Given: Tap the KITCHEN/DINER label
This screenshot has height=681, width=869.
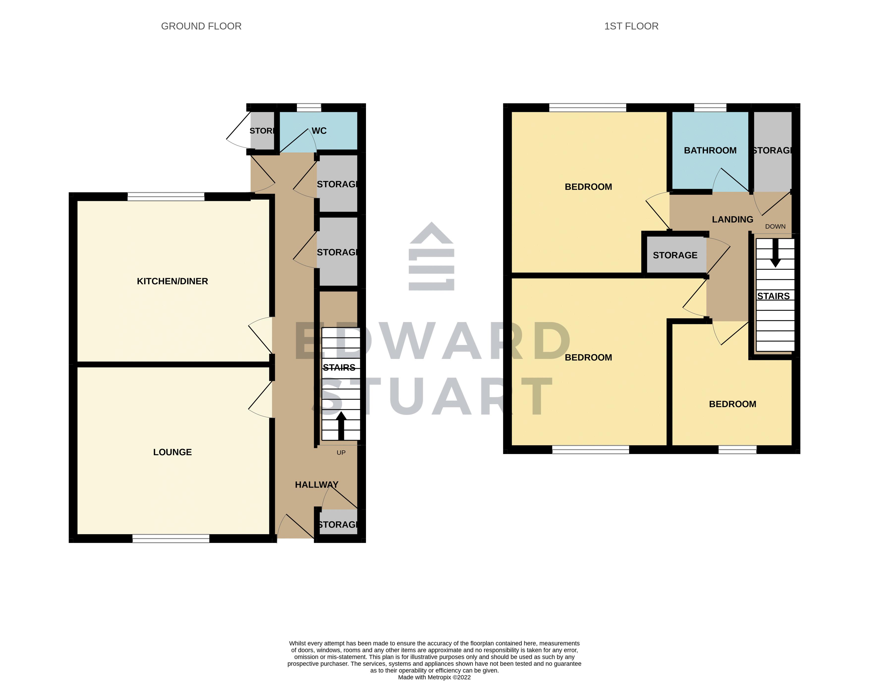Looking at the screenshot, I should point(172,281).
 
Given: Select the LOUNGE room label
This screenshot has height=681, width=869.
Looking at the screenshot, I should point(172,452).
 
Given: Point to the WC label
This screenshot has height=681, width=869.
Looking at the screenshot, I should point(319,131).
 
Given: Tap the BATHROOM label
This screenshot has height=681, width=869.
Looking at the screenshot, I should point(710,150).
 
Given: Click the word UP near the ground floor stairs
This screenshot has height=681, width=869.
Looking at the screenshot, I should point(341,453).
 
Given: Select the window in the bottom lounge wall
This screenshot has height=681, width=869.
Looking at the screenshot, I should point(171,539).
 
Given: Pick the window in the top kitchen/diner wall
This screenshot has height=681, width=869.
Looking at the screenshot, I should point(166,196).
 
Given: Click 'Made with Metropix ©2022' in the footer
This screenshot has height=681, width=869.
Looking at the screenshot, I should point(434,677).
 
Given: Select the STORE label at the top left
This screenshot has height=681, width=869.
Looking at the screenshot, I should point(262,131).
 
